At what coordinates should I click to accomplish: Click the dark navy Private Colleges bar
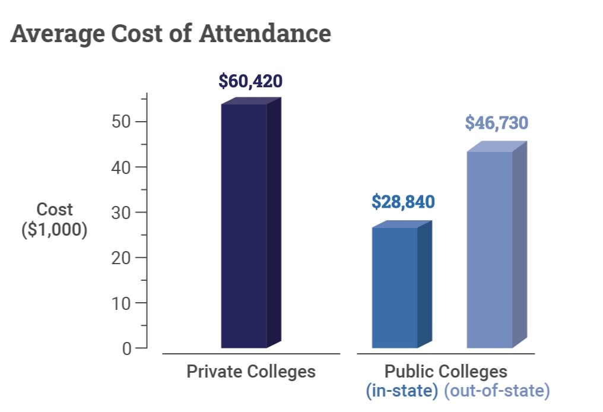[x=244, y=226]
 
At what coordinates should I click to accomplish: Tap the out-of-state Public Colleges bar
[x=490, y=249]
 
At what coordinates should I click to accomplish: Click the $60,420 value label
[x=250, y=81]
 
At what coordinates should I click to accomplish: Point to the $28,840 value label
[x=403, y=202]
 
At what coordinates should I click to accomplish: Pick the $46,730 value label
[x=496, y=123]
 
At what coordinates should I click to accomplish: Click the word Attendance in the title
[x=265, y=34]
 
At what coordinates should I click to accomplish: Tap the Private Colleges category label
[x=251, y=372]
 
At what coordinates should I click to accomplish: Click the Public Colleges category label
[x=446, y=372]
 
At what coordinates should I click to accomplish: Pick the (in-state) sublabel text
[x=402, y=391]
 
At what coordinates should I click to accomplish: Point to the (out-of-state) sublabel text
[x=496, y=391]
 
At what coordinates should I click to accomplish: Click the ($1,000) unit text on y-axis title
[x=55, y=229]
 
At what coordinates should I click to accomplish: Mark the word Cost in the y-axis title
[x=55, y=210]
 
